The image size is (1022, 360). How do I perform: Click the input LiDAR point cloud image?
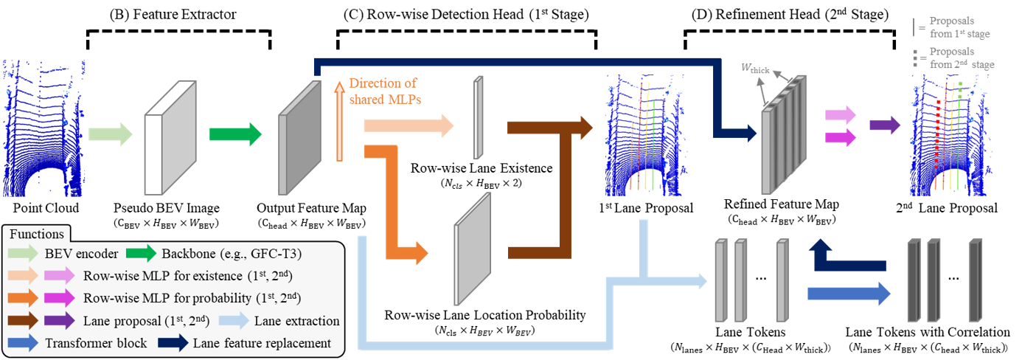pyautogui.click(x=44, y=129)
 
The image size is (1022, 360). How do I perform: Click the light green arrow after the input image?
pyautogui.click(x=110, y=134)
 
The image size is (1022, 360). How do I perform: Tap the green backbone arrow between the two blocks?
pyautogui.click(x=235, y=134)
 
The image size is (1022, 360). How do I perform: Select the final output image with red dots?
pyautogui.click(x=952, y=135)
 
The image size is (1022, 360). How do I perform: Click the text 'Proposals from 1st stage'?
pyautogui.click(x=959, y=28)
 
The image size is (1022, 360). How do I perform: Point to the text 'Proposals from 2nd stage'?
pyautogui.click(x=962, y=58)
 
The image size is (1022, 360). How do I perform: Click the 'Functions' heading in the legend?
pyautogui.click(x=36, y=234)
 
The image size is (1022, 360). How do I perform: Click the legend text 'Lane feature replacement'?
pyautogui.click(x=262, y=343)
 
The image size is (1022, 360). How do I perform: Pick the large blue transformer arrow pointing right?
pyautogui.click(x=849, y=294)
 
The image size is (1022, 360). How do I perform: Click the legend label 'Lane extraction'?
pyautogui.click(x=296, y=321)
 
